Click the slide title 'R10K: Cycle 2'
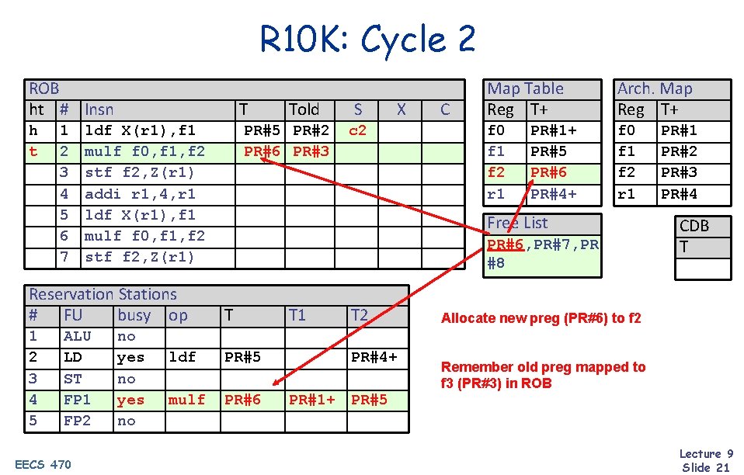point(368,40)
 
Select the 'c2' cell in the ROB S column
point(357,130)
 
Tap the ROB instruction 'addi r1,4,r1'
point(140,193)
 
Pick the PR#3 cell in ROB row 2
point(311,151)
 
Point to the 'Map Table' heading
point(525,88)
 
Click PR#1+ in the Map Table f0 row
point(553,130)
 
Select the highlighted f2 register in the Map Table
point(496,172)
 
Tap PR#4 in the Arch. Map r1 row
point(679,193)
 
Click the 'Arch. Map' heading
point(654,88)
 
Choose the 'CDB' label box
point(694,226)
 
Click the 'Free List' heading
point(517,223)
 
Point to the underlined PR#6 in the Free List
point(505,244)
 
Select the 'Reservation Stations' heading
point(103,294)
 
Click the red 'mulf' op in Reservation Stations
point(186,400)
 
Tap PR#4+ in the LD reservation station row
point(374,357)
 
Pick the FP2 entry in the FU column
point(77,421)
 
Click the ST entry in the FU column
point(72,379)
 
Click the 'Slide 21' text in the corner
point(705,466)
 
